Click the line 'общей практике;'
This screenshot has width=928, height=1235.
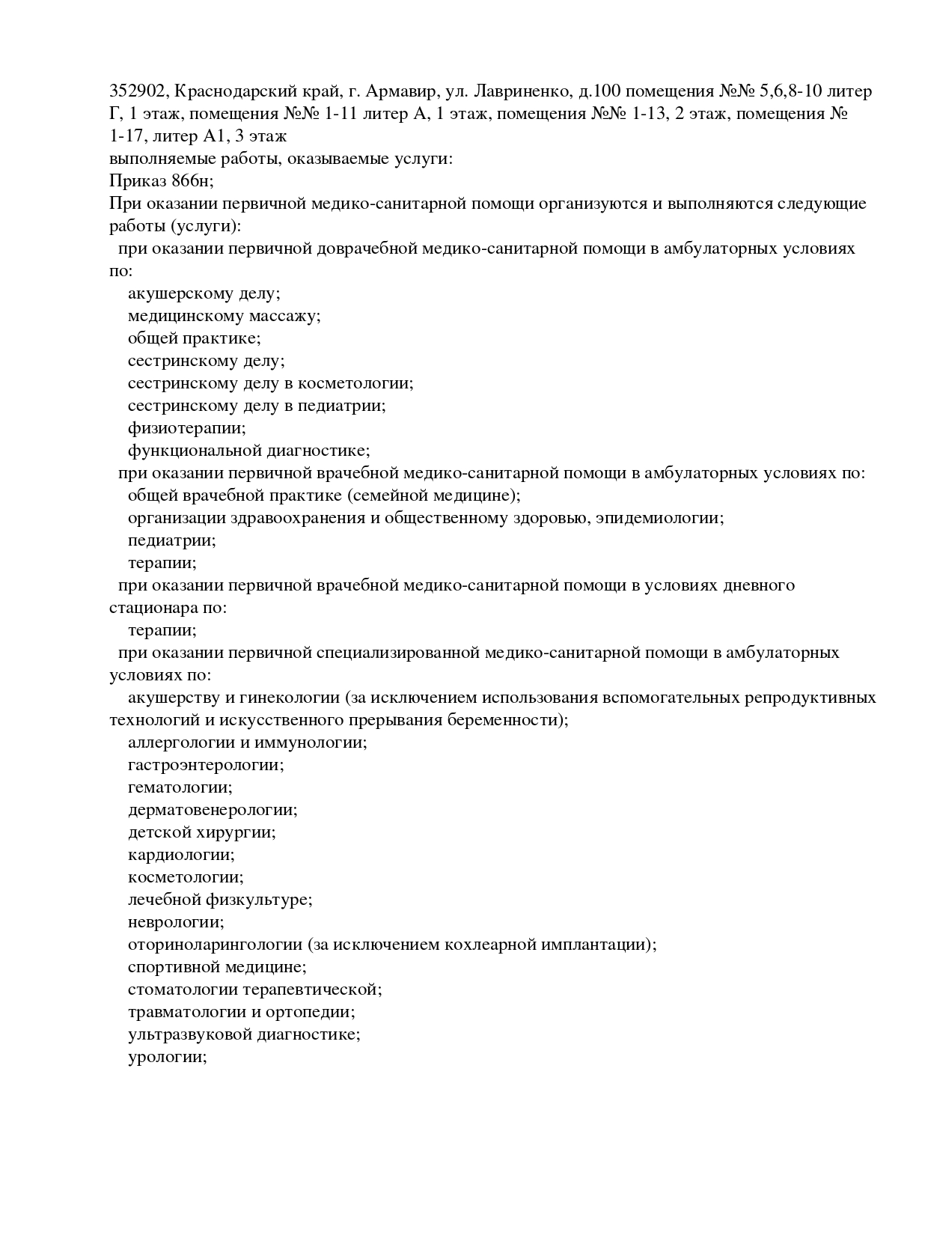click(194, 338)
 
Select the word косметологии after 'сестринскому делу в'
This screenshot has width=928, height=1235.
click(355, 383)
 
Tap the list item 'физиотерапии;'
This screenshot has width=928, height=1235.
click(186, 428)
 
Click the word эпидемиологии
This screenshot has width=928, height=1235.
click(659, 518)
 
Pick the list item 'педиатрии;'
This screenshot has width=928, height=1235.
click(171, 540)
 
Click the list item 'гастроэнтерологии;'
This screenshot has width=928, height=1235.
click(206, 765)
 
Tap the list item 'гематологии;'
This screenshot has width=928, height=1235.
click(180, 787)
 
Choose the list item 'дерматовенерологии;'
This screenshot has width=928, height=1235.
click(213, 810)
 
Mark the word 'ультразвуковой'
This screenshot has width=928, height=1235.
click(190, 1034)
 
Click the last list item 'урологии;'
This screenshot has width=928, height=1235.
click(167, 1057)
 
